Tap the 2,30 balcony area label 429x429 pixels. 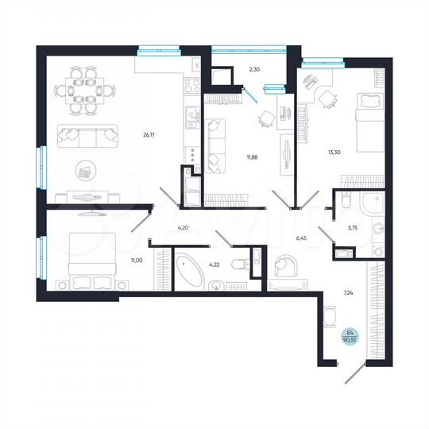click(254, 69)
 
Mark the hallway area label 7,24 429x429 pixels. click(348, 292)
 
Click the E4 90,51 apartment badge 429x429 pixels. click(348, 336)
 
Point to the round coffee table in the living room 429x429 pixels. click(86, 169)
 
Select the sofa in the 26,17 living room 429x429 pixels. click(85, 137)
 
